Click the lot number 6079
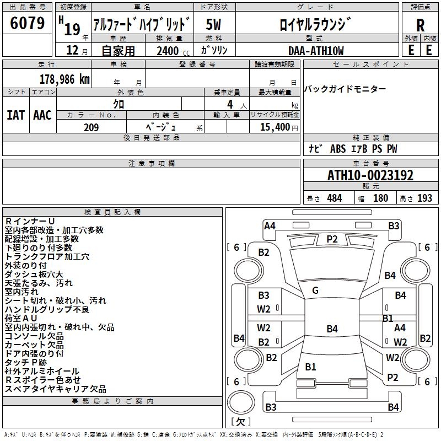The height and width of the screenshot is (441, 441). click(x=28, y=23)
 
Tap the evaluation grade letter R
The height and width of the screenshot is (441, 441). click(x=421, y=25)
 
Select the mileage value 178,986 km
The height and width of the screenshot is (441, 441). click(x=64, y=79)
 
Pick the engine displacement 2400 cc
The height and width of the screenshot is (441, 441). click(x=170, y=51)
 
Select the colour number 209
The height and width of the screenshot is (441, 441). click(x=91, y=127)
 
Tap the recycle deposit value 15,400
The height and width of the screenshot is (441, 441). click(x=273, y=127)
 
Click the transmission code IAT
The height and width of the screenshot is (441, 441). click(x=15, y=115)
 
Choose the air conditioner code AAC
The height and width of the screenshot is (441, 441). click(x=42, y=115)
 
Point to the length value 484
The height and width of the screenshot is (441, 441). click(x=334, y=198)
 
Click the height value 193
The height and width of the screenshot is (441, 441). click(x=424, y=198)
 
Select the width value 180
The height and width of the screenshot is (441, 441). click(x=380, y=198)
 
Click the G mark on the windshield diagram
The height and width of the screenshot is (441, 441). click(x=315, y=290)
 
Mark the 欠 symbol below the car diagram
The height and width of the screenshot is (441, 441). click(x=240, y=422)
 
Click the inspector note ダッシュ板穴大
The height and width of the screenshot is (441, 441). click(x=34, y=275)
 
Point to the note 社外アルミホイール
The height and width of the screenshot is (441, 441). click(x=42, y=372)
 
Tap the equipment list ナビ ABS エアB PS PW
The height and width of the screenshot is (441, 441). click(x=353, y=149)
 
